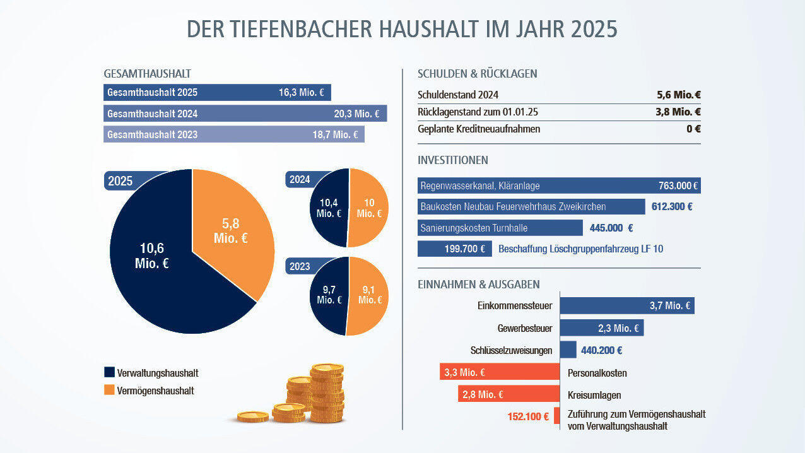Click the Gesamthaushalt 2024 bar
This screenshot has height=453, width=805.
(245, 114)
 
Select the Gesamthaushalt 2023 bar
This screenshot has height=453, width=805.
(233, 134)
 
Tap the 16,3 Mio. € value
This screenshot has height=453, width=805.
(302, 93)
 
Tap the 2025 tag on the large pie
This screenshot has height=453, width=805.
(120, 181)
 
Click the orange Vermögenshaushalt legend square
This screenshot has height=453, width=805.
(109, 391)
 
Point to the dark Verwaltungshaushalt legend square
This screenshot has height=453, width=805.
(109, 373)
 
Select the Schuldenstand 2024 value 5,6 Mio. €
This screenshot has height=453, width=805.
(679, 95)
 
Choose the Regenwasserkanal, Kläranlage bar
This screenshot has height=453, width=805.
(559, 185)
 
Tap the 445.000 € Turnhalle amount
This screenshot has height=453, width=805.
(611, 228)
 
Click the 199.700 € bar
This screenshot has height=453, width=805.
(455, 249)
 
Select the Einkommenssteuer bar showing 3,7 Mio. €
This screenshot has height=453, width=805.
(627, 306)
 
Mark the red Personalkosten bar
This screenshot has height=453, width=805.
(500, 372)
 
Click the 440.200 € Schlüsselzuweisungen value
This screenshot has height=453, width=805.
(601, 350)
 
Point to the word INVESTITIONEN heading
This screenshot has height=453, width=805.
(452, 160)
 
